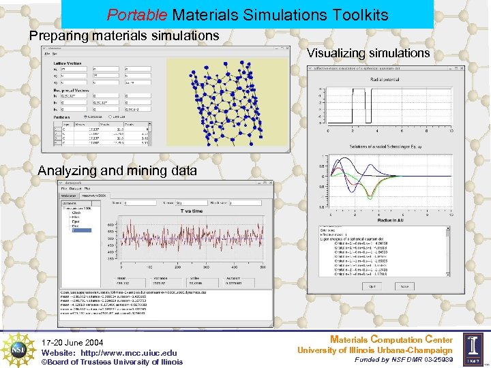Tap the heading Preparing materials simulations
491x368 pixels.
pyautogui.click(x=124, y=35)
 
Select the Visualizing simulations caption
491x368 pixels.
pyautogui.click(x=368, y=53)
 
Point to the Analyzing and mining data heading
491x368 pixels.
pyautogui.click(x=117, y=171)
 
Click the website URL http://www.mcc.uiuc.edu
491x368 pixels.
pyautogui.click(x=129, y=352)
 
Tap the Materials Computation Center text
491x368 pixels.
pyautogui.click(x=391, y=339)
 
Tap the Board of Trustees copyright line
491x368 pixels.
pyautogui.click(x=113, y=362)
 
